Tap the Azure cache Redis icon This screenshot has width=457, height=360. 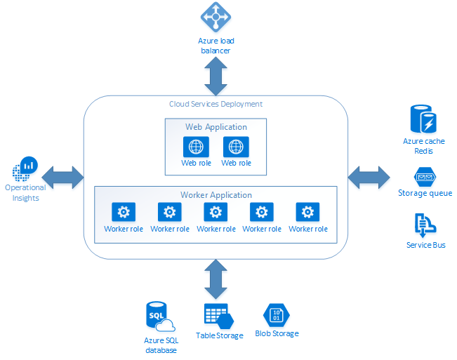click(x=423, y=119)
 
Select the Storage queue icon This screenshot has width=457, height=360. click(x=425, y=176)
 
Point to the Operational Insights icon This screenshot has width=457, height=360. click(x=25, y=169)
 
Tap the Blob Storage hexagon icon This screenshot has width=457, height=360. click(x=276, y=314)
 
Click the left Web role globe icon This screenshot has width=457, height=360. click(x=196, y=147)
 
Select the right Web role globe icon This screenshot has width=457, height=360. click(x=236, y=147)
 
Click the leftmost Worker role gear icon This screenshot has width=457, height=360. click(x=123, y=212)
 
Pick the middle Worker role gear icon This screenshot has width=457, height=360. click(x=215, y=212)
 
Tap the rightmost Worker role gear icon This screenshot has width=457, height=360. click(x=307, y=212)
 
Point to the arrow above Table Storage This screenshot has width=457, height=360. click(x=214, y=278)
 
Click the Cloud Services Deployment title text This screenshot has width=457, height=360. click(x=216, y=104)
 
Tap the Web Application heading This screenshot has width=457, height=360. click(x=216, y=127)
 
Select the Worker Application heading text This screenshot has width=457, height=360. click(x=216, y=194)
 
